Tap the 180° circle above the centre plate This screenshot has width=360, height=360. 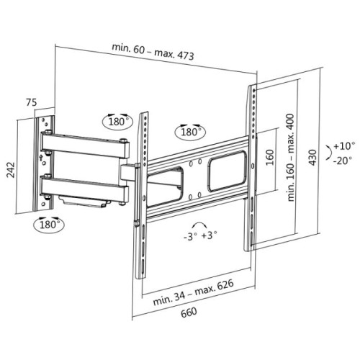pos(191,132)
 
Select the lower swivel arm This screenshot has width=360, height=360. pos(85,185)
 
